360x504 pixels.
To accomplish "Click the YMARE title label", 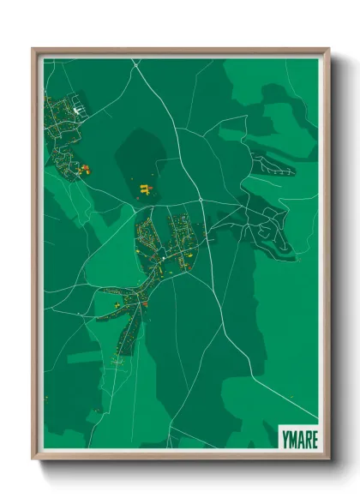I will pyautogui.click(x=298, y=439).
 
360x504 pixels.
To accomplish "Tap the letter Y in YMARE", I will pyautogui.click(x=284, y=439).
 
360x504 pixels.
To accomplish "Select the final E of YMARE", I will pyautogui.click(x=314, y=439).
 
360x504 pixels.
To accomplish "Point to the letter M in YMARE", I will pyautogui.click(x=291, y=439).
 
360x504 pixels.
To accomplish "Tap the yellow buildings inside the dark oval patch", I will pyautogui.click(x=145, y=189).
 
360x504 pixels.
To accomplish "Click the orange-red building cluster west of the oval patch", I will pyautogui.click(x=84, y=169).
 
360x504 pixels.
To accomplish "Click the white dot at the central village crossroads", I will pyautogui.click(x=161, y=256).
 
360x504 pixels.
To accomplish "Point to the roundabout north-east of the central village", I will pyautogui.click(x=201, y=200).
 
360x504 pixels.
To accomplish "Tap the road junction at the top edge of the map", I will pyautogui.click(x=135, y=61).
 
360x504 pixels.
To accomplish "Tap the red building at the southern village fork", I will pyautogui.click(x=145, y=302).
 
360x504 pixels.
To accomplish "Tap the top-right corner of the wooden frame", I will pyautogui.click(x=328, y=49).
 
